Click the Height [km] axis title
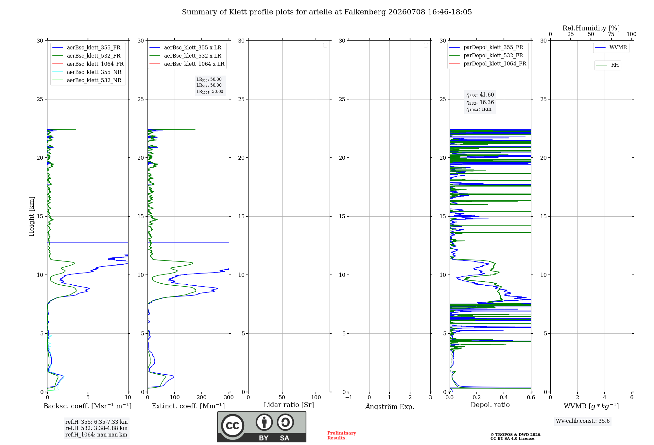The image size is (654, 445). [x=31, y=216]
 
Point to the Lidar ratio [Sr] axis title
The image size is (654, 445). [x=289, y=405]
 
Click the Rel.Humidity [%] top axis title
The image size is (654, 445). [x=591, y=28]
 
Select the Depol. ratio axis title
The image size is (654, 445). [x=490, y=405]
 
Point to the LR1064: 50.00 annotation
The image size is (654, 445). [x=210, y=92]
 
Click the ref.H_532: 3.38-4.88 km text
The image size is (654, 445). [x=96, y=428]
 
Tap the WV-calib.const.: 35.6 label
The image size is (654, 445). [x=583, y=421]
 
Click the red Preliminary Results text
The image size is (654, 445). [x=342, y=436]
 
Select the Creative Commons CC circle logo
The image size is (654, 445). [x=232, y=426]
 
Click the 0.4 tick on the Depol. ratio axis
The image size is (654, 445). [x=504, y=398]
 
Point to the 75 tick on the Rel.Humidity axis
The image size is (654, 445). [x=611, y=34]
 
